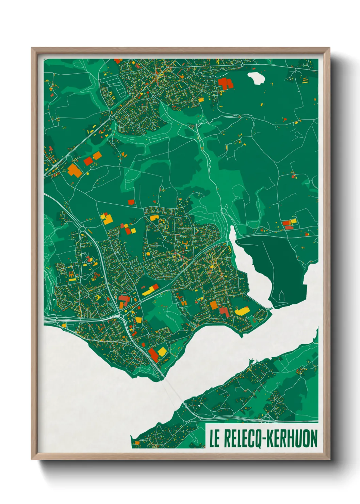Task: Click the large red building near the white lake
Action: tap(225, 83)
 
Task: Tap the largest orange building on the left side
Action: tap(74, 170)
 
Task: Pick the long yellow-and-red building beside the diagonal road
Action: tap(150, 289)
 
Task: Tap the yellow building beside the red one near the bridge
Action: tap(162, 351)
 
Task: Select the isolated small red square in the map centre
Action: tap(131, 202)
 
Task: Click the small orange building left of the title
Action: tap(137, 443)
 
